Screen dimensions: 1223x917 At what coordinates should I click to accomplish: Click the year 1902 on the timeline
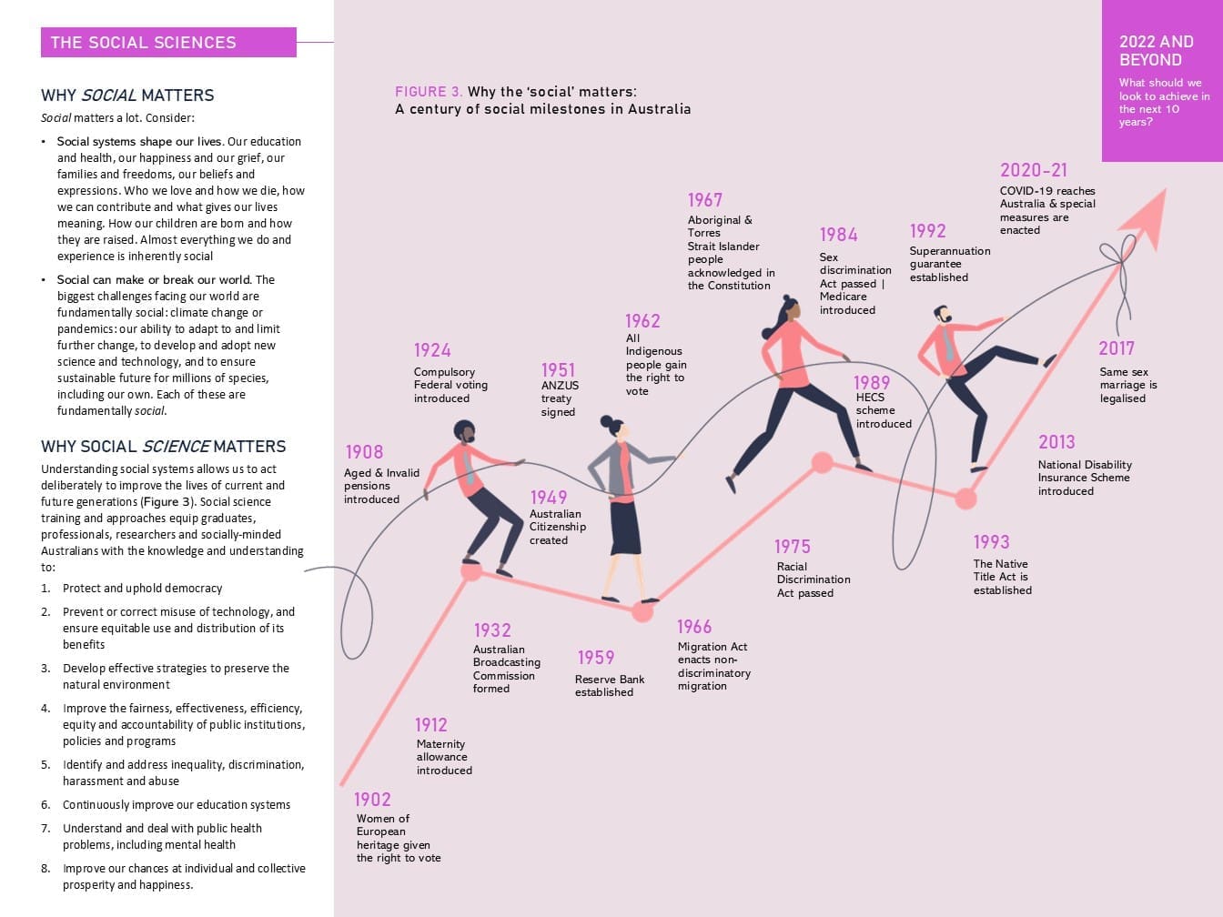pyautogui.click(x=372, y=800)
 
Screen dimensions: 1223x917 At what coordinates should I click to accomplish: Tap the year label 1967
pyautogui.click(x=705, y=200)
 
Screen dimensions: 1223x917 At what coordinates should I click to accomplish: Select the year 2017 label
pyautogui.click(x=1116, y=348)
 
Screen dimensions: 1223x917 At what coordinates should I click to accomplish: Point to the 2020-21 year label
pyautogui.click(x=1034, y=170)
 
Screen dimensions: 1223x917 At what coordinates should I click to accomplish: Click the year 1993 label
pyautogui.click(x=991, y=541)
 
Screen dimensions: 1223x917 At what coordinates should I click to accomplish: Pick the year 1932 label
pyautogui.click(x=492, y=630)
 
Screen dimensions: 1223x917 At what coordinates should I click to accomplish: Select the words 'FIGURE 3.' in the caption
pyautogui.click(x=429, y=92)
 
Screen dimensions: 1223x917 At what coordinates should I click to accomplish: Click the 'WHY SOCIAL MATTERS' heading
pyautogui.click(x=127, y=96)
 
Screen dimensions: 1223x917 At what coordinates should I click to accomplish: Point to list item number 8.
pyautogui.click(x=173, y=876)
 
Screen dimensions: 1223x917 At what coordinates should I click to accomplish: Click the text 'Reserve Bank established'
pyautogui.click(x=610, y=685)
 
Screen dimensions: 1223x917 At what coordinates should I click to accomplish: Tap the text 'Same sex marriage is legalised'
pyautogui.click(x=1128, y=385)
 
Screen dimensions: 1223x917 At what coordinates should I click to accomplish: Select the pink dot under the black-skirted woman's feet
pyautogui.click(x=642, y=612)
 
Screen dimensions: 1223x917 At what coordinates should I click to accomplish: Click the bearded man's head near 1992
pyautogui.click(x=943, y=315)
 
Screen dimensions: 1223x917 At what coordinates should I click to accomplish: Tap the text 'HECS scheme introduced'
pyautogui.click(x=884, y=410)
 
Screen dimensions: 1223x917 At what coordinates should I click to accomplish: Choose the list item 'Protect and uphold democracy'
pyautogui.click(x=142, y=588)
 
